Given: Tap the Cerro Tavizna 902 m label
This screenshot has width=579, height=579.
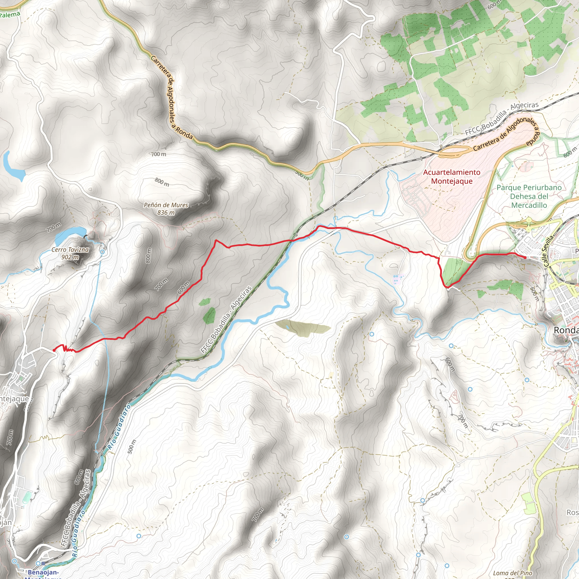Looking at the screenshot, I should pos(70,253).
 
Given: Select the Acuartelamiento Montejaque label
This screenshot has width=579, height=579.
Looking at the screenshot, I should pos(451,176).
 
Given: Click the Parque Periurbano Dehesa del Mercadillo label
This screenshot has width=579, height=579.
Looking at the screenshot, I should pos(529,196).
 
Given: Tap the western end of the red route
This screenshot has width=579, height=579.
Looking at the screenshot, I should pos(54,350).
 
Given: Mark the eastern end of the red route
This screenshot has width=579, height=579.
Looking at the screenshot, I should pos(525,258).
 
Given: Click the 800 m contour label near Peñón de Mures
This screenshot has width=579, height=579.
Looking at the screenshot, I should pos(162,182).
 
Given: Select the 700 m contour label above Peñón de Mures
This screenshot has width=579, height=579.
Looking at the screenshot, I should pos(159,154).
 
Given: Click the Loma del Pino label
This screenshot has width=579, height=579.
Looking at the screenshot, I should pos(513,573).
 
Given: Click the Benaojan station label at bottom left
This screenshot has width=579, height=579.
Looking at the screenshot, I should pos(44,574).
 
